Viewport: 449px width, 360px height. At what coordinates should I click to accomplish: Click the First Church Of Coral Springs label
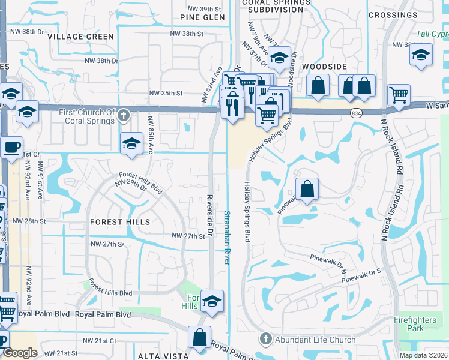click(86, 116)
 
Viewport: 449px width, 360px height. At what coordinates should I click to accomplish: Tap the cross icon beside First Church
click(123, 115)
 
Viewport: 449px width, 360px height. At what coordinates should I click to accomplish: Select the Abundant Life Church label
click(315, 340)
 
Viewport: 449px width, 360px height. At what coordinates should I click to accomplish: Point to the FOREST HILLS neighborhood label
click(120, 222)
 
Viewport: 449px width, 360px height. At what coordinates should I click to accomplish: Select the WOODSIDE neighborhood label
click(325, 66)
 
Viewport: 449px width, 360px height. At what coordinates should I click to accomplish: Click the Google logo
click(20, 353)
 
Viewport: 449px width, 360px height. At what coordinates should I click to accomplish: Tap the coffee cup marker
click(11, 147)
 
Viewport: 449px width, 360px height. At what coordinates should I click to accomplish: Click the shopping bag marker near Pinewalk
click(307, 189)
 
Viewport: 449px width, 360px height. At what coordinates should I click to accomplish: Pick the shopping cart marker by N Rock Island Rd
click(399, 95)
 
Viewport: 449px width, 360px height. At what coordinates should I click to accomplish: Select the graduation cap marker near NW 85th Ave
click(132, 144)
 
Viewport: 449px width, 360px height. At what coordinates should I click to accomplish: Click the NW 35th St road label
click(166, 93)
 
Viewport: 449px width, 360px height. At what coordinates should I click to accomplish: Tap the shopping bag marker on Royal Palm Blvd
click(200, 338)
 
